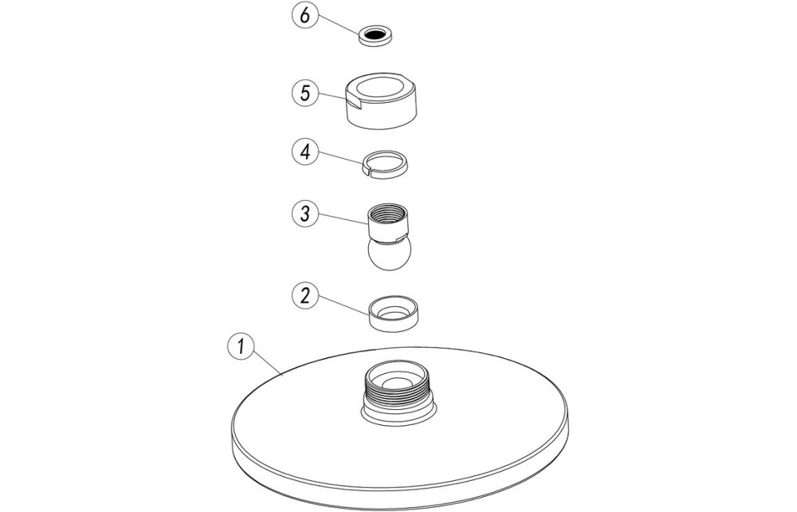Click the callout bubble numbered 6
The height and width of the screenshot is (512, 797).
(304, 15)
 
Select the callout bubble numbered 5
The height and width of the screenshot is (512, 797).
(305, 93)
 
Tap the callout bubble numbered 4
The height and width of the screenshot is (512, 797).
(305, 152)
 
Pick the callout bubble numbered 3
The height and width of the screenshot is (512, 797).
(305, 214)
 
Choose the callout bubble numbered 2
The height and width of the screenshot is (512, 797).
(305, 295)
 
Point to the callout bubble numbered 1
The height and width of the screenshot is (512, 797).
(241, 347)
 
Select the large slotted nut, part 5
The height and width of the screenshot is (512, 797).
(381, 100)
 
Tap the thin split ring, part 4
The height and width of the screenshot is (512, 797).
(387, 164)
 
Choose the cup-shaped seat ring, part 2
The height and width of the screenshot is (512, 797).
(394, 313)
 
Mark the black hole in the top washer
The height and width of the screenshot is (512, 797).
(377, 35)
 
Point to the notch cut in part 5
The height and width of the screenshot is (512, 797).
(354, 105)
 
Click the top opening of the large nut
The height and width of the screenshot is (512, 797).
(381, 88)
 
